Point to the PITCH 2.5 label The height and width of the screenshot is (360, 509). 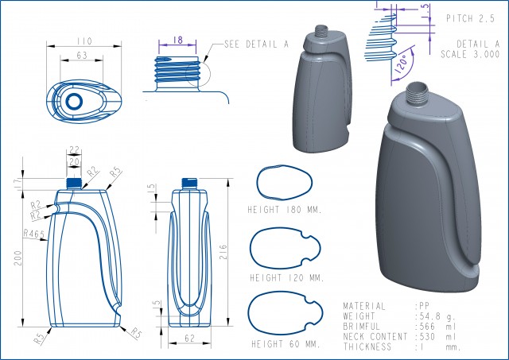coord(472,17)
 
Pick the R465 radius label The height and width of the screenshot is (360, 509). coord(33,234)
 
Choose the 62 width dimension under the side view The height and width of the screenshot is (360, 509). coord(189,338)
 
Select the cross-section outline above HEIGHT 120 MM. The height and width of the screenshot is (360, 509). coord(285,248)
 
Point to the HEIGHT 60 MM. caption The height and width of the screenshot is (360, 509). coord(285,344)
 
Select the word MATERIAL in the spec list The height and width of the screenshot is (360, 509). coord(364,306)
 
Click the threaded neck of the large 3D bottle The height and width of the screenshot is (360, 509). coord(416,95)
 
